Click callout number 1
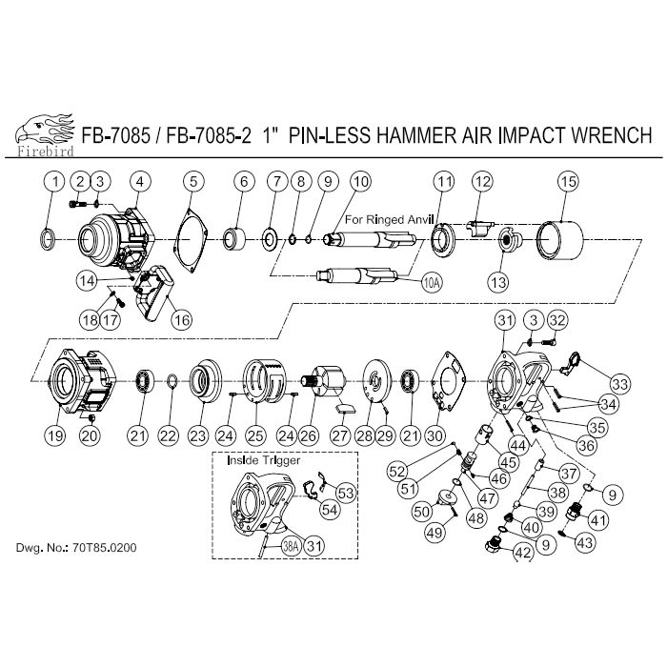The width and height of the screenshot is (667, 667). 55,181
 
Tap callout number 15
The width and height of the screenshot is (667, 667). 569,181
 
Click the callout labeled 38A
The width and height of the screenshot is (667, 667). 291,545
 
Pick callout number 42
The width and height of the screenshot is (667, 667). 523,552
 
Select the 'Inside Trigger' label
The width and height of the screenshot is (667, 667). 265,460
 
